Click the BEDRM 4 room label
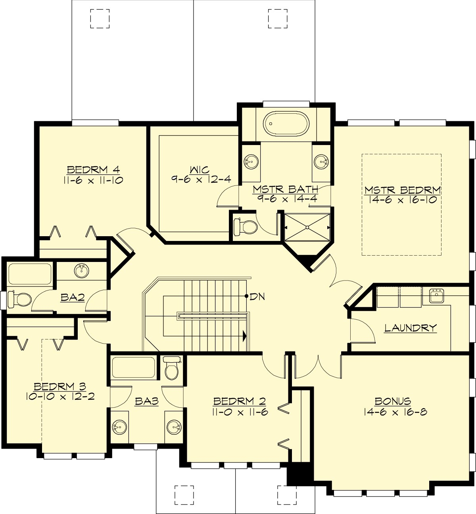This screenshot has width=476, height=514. pos(93,170)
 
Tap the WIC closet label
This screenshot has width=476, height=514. pos(200,170)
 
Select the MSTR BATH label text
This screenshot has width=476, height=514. pos(286,189)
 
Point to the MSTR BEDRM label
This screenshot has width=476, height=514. pos(403,190)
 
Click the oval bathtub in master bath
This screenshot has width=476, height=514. pos(286,124)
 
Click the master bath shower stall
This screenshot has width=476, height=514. pos(307,227)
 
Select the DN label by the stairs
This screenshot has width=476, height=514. pos(257,296)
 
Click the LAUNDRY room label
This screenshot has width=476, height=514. pos(410,328)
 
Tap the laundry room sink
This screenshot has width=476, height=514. pos(436,295)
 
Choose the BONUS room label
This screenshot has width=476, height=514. pos(393,401)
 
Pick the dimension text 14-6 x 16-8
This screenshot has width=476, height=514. pos(395,412)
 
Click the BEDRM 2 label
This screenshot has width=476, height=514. pos(240,401)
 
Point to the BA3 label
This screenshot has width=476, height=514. pos(146,401)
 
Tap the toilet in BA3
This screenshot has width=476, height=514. pos(172,369)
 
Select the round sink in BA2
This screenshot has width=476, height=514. pos(82,271)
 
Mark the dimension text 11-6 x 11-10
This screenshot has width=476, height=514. pos(93,180)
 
